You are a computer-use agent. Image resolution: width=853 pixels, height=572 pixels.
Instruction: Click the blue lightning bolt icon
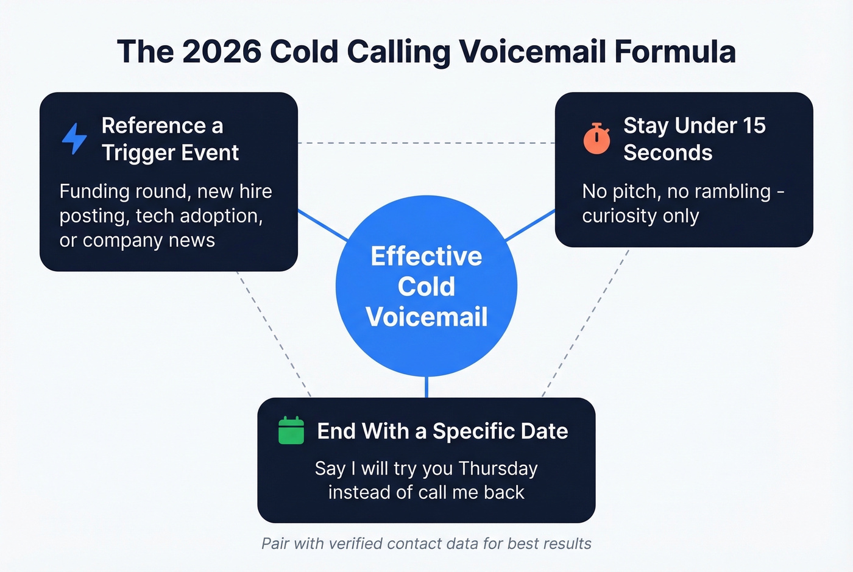[74, 138]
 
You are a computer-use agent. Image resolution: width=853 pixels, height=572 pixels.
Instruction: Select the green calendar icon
[291, 431]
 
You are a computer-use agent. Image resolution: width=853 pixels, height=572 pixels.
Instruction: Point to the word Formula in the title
[674, 51]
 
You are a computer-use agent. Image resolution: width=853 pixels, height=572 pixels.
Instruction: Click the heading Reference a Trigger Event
[170, 139]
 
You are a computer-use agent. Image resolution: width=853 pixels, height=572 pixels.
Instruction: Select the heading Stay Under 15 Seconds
[694, 139]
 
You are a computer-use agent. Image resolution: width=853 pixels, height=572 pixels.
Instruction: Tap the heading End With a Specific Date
[442, 431]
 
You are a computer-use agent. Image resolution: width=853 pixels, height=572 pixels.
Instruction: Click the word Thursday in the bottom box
[498, 468]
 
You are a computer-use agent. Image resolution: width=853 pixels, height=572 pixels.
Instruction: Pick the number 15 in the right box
[754, 125]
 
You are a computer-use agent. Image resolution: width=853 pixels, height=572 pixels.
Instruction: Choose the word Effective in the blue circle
[426, 256]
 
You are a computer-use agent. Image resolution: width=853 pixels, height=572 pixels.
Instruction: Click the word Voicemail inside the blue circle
[426, 317]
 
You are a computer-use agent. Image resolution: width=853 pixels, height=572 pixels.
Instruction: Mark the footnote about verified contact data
[426, 543]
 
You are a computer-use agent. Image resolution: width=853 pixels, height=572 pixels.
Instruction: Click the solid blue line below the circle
[426, 387]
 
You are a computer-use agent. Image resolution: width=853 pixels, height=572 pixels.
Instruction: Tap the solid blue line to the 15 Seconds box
[530, 225]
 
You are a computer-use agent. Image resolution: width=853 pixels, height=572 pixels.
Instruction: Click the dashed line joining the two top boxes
[426, 143]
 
